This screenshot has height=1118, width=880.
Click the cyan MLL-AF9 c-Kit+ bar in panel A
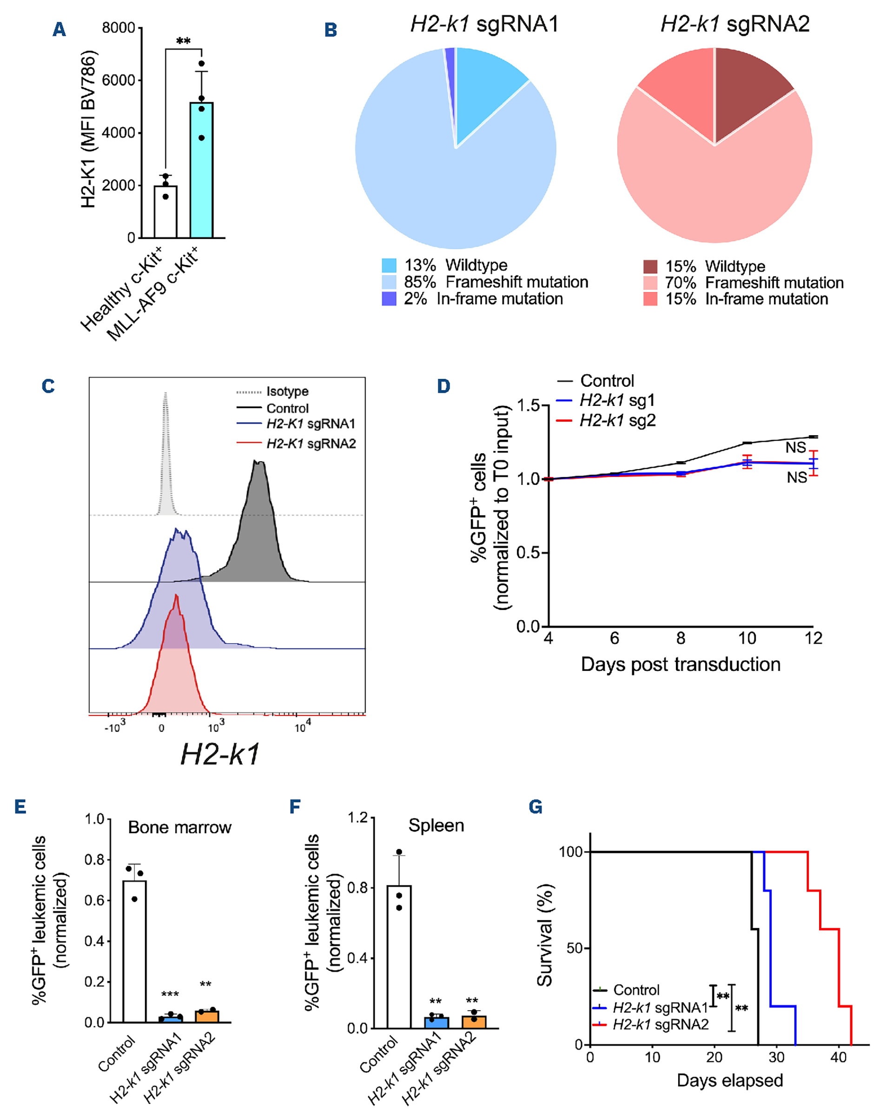201,170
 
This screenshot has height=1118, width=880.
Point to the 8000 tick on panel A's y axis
119,28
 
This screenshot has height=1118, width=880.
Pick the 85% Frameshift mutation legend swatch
389,282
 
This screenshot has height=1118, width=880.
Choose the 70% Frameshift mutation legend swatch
650,283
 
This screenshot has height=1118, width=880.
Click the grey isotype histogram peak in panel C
165,412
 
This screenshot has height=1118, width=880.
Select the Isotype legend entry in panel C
287,391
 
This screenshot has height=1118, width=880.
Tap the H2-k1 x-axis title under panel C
220,755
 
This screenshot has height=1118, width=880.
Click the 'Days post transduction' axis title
681,665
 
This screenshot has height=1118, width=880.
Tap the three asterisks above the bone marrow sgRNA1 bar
170,994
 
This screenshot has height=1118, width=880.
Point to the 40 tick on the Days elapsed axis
839,1058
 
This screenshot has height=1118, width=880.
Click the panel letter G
536,807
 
